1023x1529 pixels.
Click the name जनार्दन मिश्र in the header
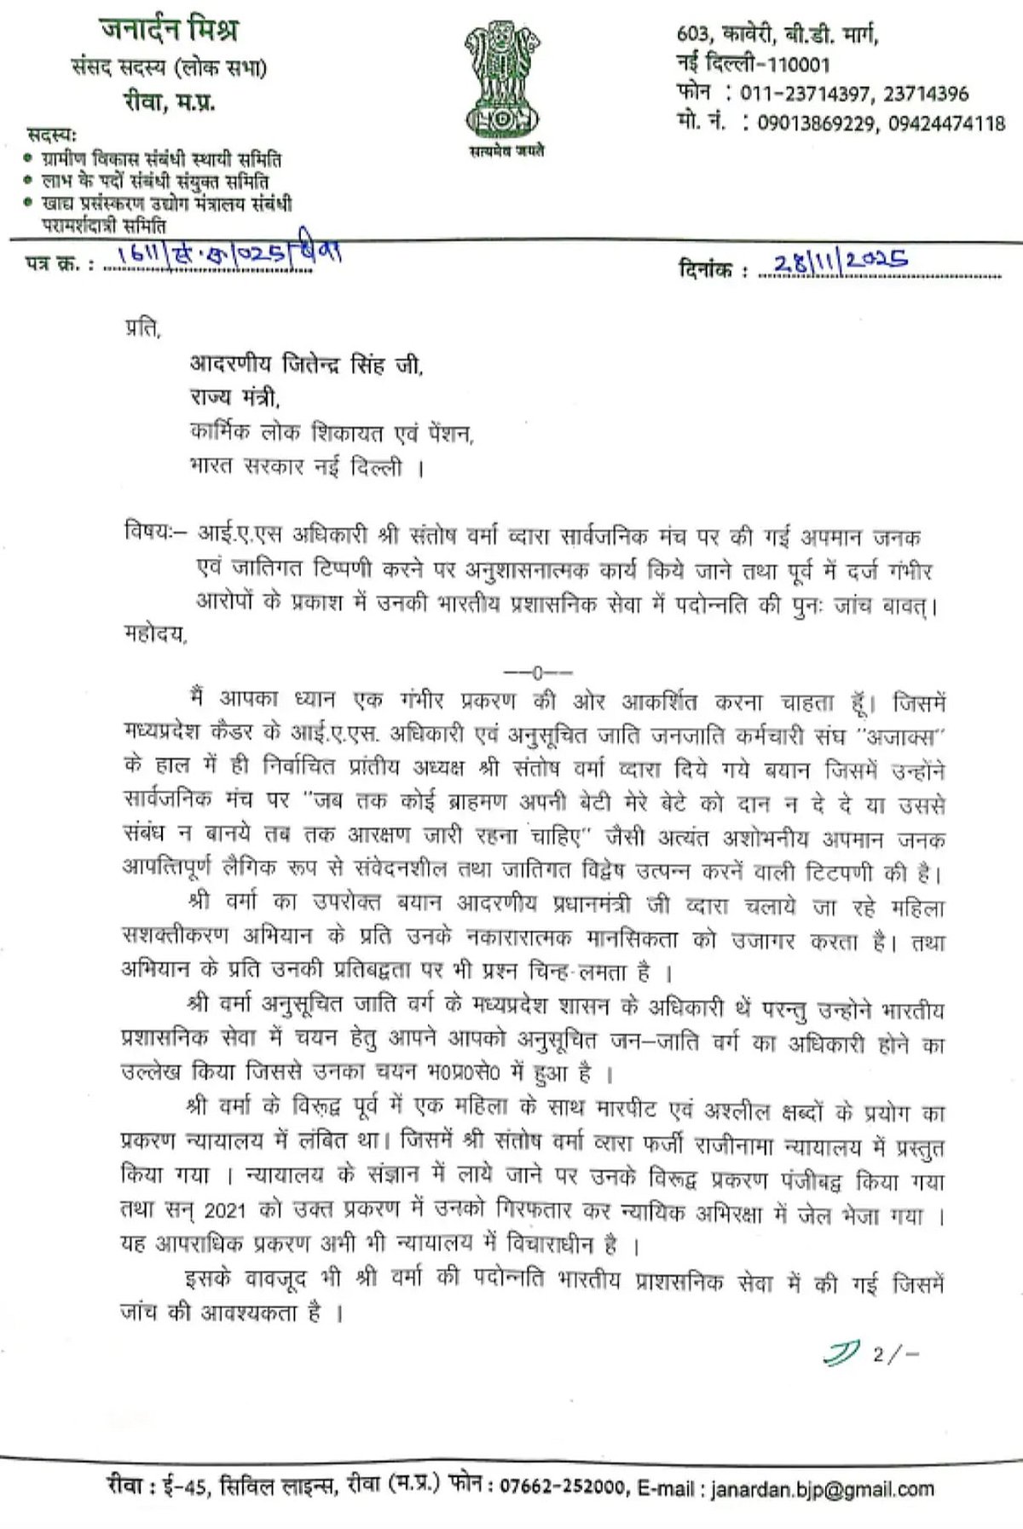(169, 31)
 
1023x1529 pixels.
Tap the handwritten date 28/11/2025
(841, 260)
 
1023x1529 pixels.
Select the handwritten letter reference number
(225, 256)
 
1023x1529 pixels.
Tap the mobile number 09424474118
(946, 124)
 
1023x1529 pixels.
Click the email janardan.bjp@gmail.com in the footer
(822, 1489)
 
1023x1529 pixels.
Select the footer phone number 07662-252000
(562, 1487)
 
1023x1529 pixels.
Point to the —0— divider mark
(538, 672)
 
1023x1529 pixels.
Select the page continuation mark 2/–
(896, 1353)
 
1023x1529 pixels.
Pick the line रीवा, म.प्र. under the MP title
(169, 102)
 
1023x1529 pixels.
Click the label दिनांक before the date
(706, 271)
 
